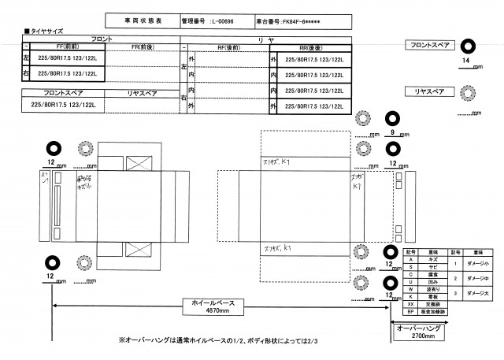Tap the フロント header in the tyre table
(102, 39)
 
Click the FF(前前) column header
(62, 48)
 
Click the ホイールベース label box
(214, 302)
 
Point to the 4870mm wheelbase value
(214, 311)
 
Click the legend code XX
(409, 302)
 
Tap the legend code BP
(409, 312)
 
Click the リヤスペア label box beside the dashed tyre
(429, 91)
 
